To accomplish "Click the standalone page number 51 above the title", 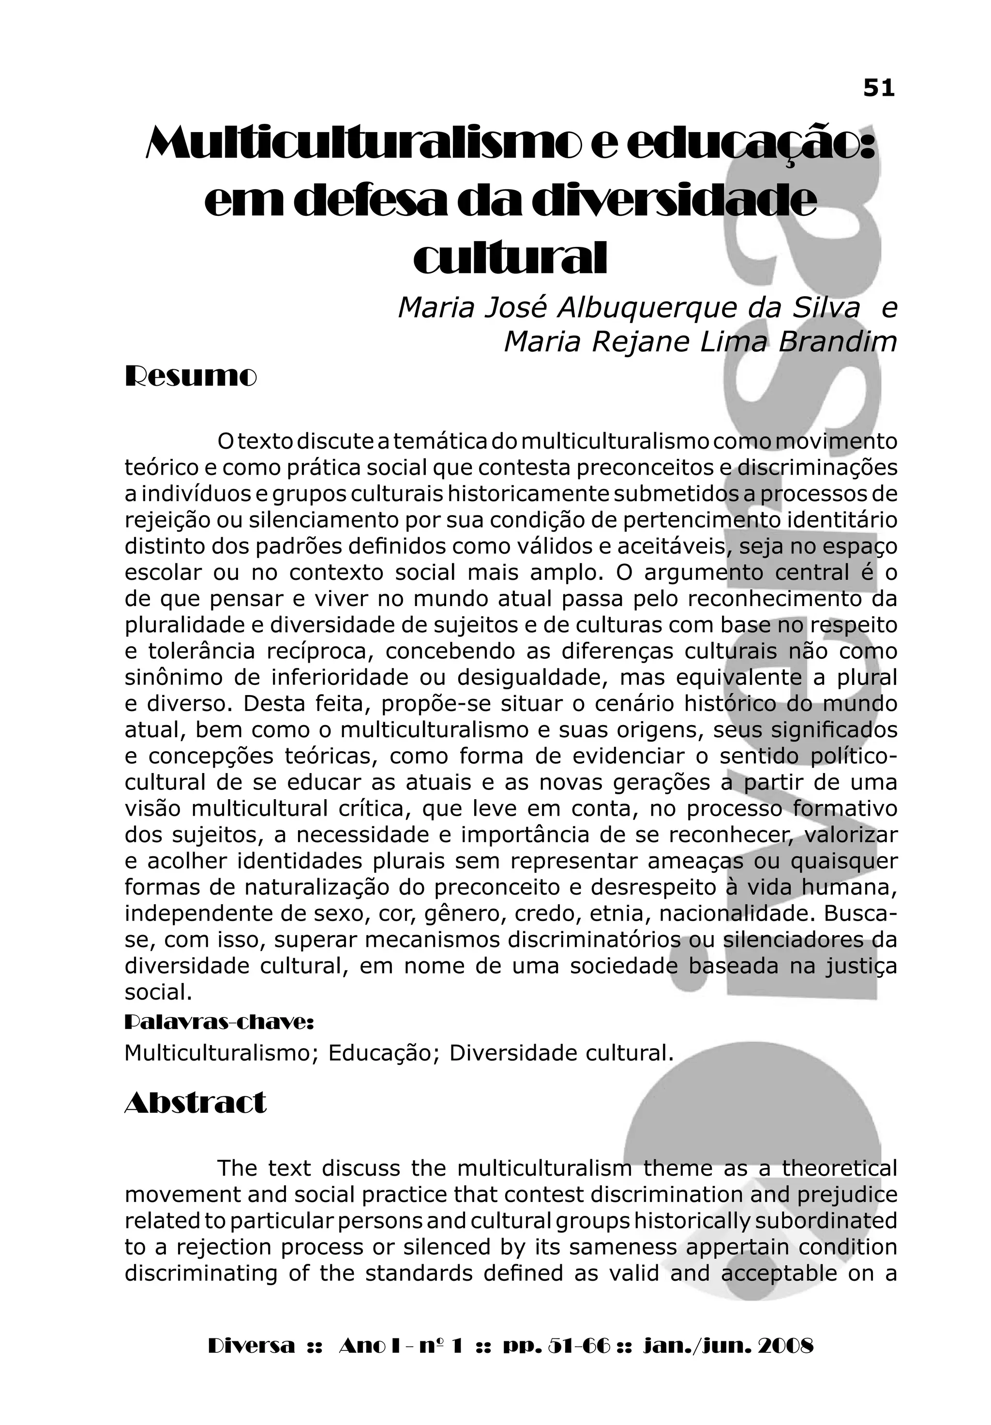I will (879, 89).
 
